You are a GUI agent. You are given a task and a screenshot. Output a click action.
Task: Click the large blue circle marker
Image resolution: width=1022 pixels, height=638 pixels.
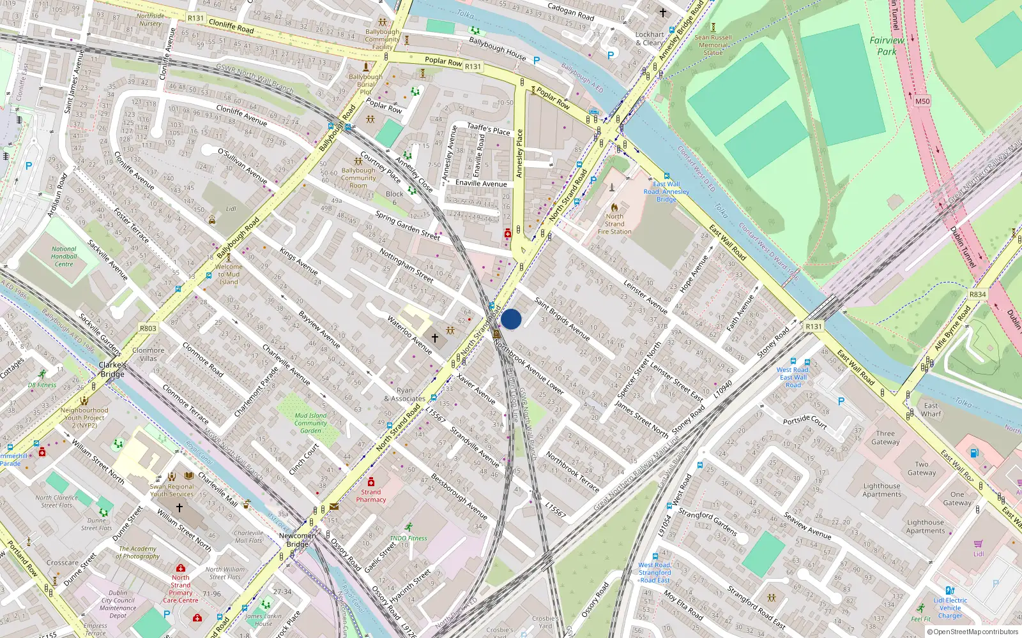pyautogui.click(x=511, y=319)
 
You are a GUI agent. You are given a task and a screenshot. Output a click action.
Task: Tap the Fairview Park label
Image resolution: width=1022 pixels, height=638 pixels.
pyautogui.click(x=887, y=45)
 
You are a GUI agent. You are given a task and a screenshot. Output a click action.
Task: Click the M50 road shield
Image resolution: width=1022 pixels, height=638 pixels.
pyautogui.click(x=922, y=101)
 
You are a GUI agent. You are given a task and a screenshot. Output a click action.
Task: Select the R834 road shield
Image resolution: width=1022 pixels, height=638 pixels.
pyautogui.click(x=977, y=294)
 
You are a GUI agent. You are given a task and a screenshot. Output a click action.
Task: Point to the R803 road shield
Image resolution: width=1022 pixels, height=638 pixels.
pyautogui.click(x=148, y=329)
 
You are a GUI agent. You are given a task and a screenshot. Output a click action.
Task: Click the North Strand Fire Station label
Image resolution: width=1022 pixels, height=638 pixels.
pyautogui.click(x=614, y=224)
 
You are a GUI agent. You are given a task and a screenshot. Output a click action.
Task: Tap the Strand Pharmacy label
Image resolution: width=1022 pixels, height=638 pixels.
pyautogui.click(x=370, y=496)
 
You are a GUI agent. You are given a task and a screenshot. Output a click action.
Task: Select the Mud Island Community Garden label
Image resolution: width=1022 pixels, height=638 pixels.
pyautogui.click(x=310, y=423)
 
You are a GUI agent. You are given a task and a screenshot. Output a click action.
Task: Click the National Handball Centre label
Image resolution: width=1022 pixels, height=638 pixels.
pyautogui.click(x=63, y=256)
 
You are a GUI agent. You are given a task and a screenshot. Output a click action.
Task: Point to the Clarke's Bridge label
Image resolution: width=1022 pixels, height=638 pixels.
pyautogui.click(x=112, y=369)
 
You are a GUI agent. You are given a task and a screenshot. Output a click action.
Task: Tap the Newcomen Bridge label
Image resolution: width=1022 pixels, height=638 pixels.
pyautogui.click(x=298, y=540)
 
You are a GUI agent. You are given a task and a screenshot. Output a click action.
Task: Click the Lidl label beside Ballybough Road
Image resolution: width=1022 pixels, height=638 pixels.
pyautogui.click(x=231, y=209)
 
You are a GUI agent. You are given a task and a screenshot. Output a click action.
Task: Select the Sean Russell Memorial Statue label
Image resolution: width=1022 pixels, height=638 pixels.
pyautogui.click(x=713, y=45)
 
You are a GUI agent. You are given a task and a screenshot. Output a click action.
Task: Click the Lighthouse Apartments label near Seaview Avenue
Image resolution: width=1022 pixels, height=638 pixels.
pyautogui.click(x=881, y=490)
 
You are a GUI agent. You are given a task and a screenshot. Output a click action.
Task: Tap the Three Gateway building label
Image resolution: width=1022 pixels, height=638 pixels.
pyautogui.click(x=885, y=438)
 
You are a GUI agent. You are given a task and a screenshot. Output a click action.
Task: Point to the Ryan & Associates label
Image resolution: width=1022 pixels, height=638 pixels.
pyautogui.click(x=404, y=394)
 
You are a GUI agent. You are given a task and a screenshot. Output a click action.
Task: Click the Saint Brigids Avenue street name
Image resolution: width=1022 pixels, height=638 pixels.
pyautogui.click(x=562, y=318)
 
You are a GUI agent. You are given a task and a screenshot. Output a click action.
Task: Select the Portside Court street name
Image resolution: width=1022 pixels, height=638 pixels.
pyautogui.click(x=805, y=422)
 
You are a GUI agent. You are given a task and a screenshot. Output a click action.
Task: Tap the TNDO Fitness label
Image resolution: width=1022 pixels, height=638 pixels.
pyautogui.click(x=409, y=538)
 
